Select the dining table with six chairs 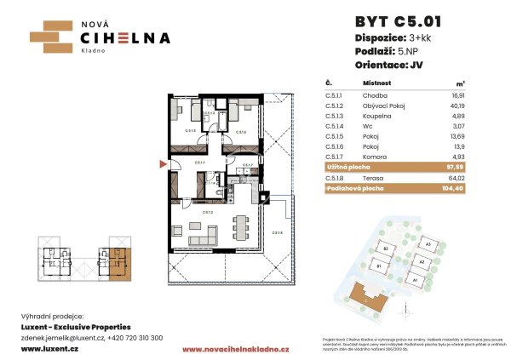(241, 227)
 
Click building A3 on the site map (428, 245)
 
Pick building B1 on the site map (380, 266)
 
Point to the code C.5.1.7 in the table (326, 157)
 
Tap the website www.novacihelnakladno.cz (237, 349)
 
